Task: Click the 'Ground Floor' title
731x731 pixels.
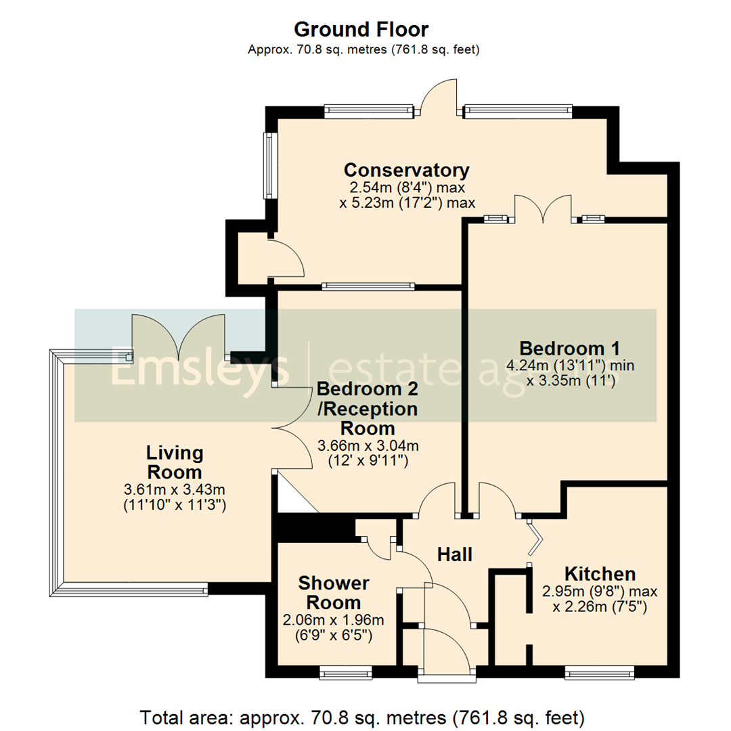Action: tap(361, 29)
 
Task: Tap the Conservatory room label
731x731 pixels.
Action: tap(406, 169)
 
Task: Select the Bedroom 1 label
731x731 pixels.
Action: tap(569, 349)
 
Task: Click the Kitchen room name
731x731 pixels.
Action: tap(600, 574)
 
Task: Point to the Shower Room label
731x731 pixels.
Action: tap(334, 592)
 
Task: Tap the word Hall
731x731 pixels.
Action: tap(454, 555)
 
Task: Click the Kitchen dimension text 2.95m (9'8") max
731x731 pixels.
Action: tap(600, 591)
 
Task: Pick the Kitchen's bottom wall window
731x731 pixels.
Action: tap(600, 672)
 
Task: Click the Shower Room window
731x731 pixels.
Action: tap(345, 672)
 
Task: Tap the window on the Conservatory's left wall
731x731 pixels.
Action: tap(269, 165)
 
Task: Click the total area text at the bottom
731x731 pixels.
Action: tap(361, 715)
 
